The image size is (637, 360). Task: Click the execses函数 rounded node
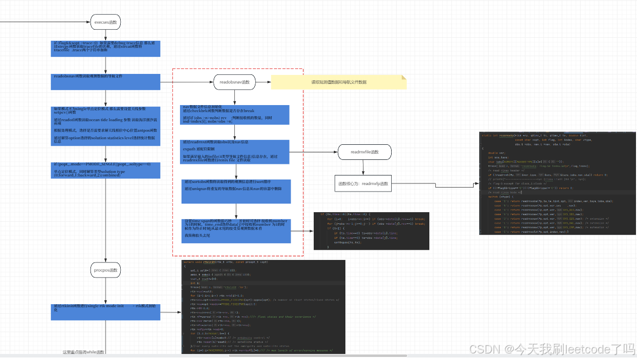tap(106, 22)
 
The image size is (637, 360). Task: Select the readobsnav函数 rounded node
tap(235, 82)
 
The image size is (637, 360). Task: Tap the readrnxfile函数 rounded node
tap(364, 152)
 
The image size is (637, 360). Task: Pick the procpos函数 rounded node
tap(106, 270)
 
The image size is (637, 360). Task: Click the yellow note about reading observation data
tap(338, 82)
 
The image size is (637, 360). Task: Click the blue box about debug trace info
tap(106, 49)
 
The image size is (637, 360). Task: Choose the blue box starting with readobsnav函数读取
tap(106, 81)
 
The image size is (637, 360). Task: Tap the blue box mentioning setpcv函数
tap(106, 126)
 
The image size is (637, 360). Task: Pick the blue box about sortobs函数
tap(236, 191)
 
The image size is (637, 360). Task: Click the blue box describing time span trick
tap(236, 232)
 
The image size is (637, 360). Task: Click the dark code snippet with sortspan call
tap(371, 231)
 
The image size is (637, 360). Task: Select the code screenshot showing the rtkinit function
tap(263, 307)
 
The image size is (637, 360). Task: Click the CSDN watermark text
tap(551, 348)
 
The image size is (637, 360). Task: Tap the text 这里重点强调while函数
tap(83, 352)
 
